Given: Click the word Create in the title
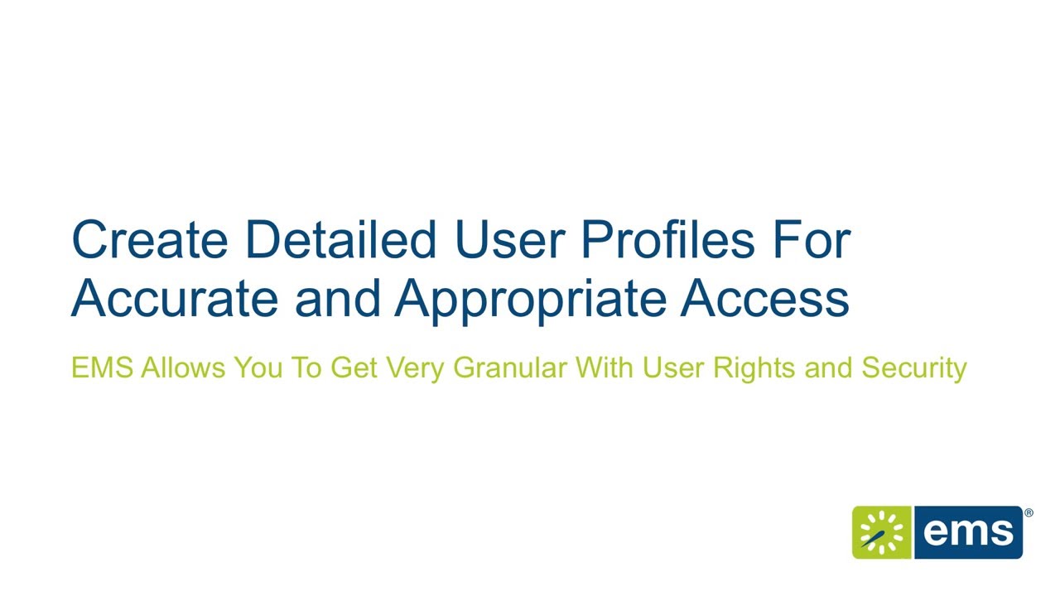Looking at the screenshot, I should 151,239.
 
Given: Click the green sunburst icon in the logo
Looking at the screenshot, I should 881,532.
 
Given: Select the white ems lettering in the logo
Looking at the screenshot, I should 968,532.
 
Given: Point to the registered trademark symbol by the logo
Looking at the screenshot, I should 1029,513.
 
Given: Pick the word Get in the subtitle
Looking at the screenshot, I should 354,368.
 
